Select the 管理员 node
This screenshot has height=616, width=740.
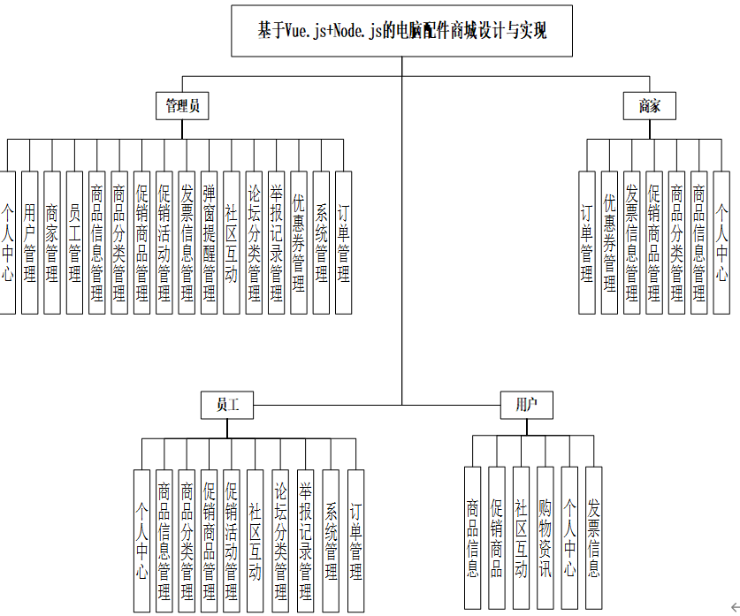pos(182,106)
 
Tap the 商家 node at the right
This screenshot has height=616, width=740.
pos(650,106)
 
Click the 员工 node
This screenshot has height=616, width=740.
pos(227,406)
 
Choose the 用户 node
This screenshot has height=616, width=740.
pos(527,406)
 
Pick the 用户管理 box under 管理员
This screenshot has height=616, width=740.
pos(30,242)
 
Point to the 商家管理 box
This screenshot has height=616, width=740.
pos(52,242)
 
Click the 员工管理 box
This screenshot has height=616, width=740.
pos(74,242)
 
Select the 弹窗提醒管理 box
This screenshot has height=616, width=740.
pos(209,242)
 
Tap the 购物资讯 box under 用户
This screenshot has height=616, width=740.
pos(545,539)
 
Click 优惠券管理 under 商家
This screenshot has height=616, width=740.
pos(609,242)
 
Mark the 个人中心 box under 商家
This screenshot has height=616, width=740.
pos(721,242)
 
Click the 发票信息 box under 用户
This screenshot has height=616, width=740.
pos(593,539)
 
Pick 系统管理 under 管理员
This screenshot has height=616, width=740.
pos(321,242)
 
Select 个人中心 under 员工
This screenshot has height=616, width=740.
pos(141,540)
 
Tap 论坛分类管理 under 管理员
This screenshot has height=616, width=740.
pos(254,242)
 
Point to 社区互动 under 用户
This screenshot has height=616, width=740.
pos(521,539)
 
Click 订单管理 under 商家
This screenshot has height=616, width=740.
pos(587,242)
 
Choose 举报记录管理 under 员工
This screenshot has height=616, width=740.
pos(304,540)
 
